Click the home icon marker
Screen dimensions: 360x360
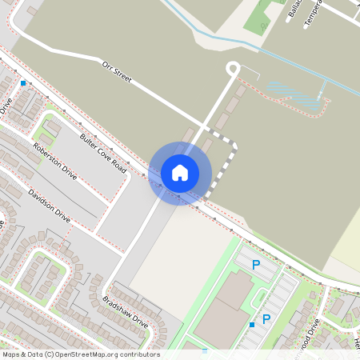[180, 172]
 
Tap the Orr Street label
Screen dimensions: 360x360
[116, 73]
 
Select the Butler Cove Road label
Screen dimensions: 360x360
[103, 153]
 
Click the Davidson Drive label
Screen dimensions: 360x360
[50, 206]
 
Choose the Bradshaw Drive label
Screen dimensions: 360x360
[126, 313]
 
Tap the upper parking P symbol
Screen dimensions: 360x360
[257, 265]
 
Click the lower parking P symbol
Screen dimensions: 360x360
[266, 319]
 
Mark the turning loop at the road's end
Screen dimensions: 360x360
[234, 69]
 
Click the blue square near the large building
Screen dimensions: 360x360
[252, 324]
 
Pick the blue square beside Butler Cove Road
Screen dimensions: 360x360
[23, 83]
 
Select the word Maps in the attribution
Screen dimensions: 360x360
[11, 354]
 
